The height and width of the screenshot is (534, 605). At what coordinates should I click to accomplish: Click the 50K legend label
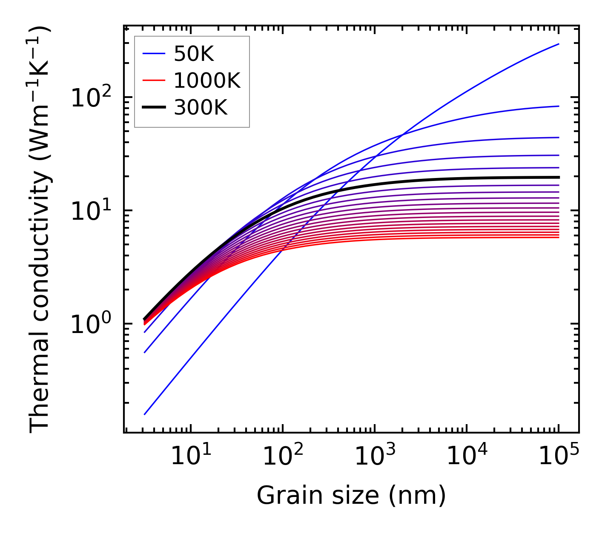point(194,54)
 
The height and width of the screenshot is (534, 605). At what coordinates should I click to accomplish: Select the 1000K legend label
point(207,80)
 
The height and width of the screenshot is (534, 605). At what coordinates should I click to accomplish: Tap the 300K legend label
point(201,108)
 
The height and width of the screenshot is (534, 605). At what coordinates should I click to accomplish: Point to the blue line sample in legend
point(153,54)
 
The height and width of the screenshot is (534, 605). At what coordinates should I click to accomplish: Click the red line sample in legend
point(153,80)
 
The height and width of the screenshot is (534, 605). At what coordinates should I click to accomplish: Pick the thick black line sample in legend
point(153,108)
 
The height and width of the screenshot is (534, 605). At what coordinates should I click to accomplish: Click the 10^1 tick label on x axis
point(190,456)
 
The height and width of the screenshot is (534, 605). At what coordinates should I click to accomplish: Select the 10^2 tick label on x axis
point(282,456)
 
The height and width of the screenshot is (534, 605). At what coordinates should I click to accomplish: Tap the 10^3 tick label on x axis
point(374,456)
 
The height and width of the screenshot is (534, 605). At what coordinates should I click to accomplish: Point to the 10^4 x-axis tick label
point(466,456)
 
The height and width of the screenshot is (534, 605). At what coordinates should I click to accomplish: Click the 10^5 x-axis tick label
point(558,456)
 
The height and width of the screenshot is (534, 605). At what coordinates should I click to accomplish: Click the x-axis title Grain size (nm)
point(351,496)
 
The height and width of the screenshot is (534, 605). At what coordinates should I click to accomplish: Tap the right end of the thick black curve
point(559,177)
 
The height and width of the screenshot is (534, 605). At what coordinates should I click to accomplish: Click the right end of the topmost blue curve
point(559,44)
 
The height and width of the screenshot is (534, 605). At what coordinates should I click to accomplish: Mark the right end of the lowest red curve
point(559,237)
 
